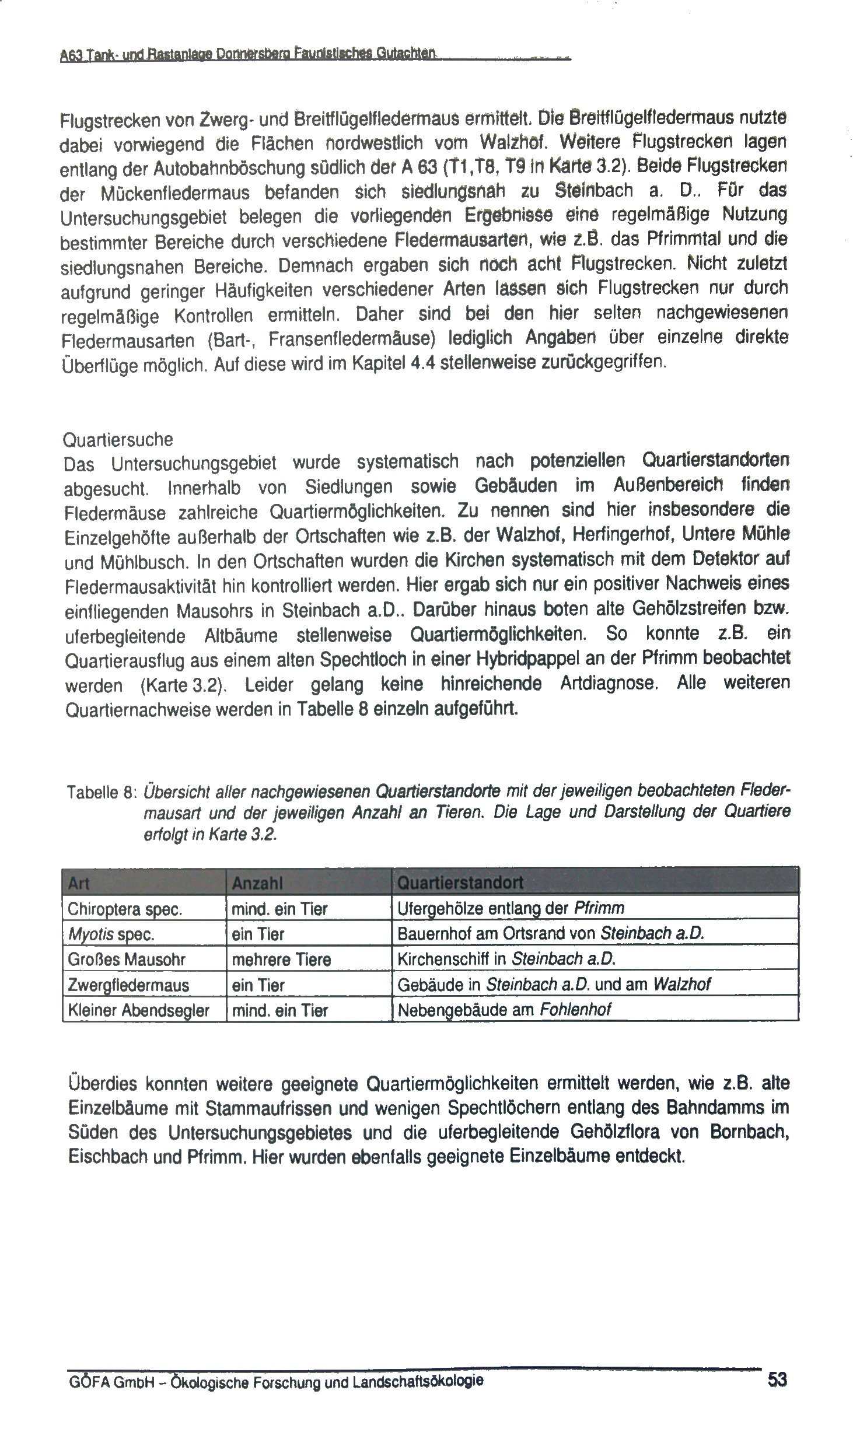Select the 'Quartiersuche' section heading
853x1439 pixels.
(x=118, y=439)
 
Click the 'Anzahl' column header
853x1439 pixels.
(x=257, y=884)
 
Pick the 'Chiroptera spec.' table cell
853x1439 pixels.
(x=125, y=909)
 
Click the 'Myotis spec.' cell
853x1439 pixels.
(x=111, y=934)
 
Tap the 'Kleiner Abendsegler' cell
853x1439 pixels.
(x=138, y=1010)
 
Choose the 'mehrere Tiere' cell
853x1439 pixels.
(x=281, y=960)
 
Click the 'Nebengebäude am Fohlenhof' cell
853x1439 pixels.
(x=504, y=1010)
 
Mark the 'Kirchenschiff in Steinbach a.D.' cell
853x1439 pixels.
(x=506, y=959)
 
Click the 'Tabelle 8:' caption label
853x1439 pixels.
(x=102, y=793)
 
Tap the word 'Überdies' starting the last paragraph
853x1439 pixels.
(x=102, y=1083)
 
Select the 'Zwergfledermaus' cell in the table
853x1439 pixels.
(x=128, y=985)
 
